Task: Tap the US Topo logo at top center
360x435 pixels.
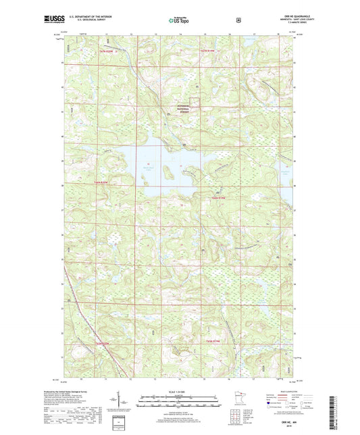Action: click(x=180, y=20)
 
